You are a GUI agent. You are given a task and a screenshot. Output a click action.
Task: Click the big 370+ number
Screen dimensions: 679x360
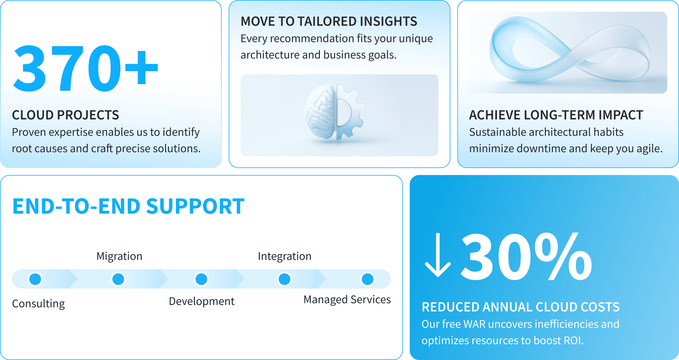pyautogui.click(x=85, y=68)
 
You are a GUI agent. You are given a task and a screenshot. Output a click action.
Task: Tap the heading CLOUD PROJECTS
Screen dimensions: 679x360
pyautogui.click(x=66, y=115)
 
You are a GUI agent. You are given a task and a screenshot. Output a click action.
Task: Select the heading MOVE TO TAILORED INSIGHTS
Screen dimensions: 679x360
pyautogui.click(x=329, y=21)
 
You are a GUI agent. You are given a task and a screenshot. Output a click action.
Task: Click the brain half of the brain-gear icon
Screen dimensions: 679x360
pyautogui.click(x=320, y=112)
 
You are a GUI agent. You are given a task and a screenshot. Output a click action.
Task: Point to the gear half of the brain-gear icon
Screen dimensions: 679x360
pyautogui.click(x=350, y=112)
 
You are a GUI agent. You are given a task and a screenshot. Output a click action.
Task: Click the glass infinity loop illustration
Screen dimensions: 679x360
pyautogui.click(x=569, y=49)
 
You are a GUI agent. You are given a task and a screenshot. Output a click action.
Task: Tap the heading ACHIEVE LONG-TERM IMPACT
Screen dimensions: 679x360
pyautogui.click(x=556, y=115)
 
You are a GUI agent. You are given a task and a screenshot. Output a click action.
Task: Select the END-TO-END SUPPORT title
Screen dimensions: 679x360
pyautogui.click(x=128, y=206)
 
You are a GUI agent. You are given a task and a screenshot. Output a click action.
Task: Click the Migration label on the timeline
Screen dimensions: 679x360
pyautogui.click(x=119, y=256)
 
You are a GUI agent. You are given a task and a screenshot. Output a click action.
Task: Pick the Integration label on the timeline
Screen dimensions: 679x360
pyautogui.click(x=284, y=256)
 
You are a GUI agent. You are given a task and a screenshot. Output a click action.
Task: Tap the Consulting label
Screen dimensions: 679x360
pyautogui.click(x=38, y=304)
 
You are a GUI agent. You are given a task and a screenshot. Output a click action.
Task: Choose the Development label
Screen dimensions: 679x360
pyautogui.click(x=202, y=301)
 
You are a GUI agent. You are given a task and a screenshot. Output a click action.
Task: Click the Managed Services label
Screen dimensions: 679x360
pyautogui.click(x=347, y=300)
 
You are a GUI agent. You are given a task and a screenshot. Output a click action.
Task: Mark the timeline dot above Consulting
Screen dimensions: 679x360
pyautogui.click(x=35, y=279)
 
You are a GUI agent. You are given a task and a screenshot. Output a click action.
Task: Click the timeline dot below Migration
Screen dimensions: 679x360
pyautogui.click(x=118, y=279)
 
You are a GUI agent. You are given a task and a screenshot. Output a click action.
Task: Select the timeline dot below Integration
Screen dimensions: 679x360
pyautogui.click(x=284, y=279)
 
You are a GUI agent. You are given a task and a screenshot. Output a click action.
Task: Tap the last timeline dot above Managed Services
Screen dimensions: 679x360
pyautogui.click(x=368, y=279)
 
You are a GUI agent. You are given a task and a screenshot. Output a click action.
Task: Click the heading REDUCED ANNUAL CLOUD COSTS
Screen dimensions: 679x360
pyautogui.click(x=521, y=307)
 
